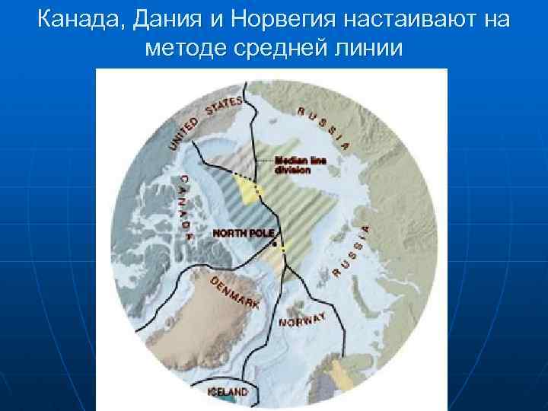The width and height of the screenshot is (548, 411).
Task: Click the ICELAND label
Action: click(228, 391)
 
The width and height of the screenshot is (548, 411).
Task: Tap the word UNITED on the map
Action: click(183, 132)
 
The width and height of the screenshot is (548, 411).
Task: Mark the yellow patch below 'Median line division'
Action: click(248, 188)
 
